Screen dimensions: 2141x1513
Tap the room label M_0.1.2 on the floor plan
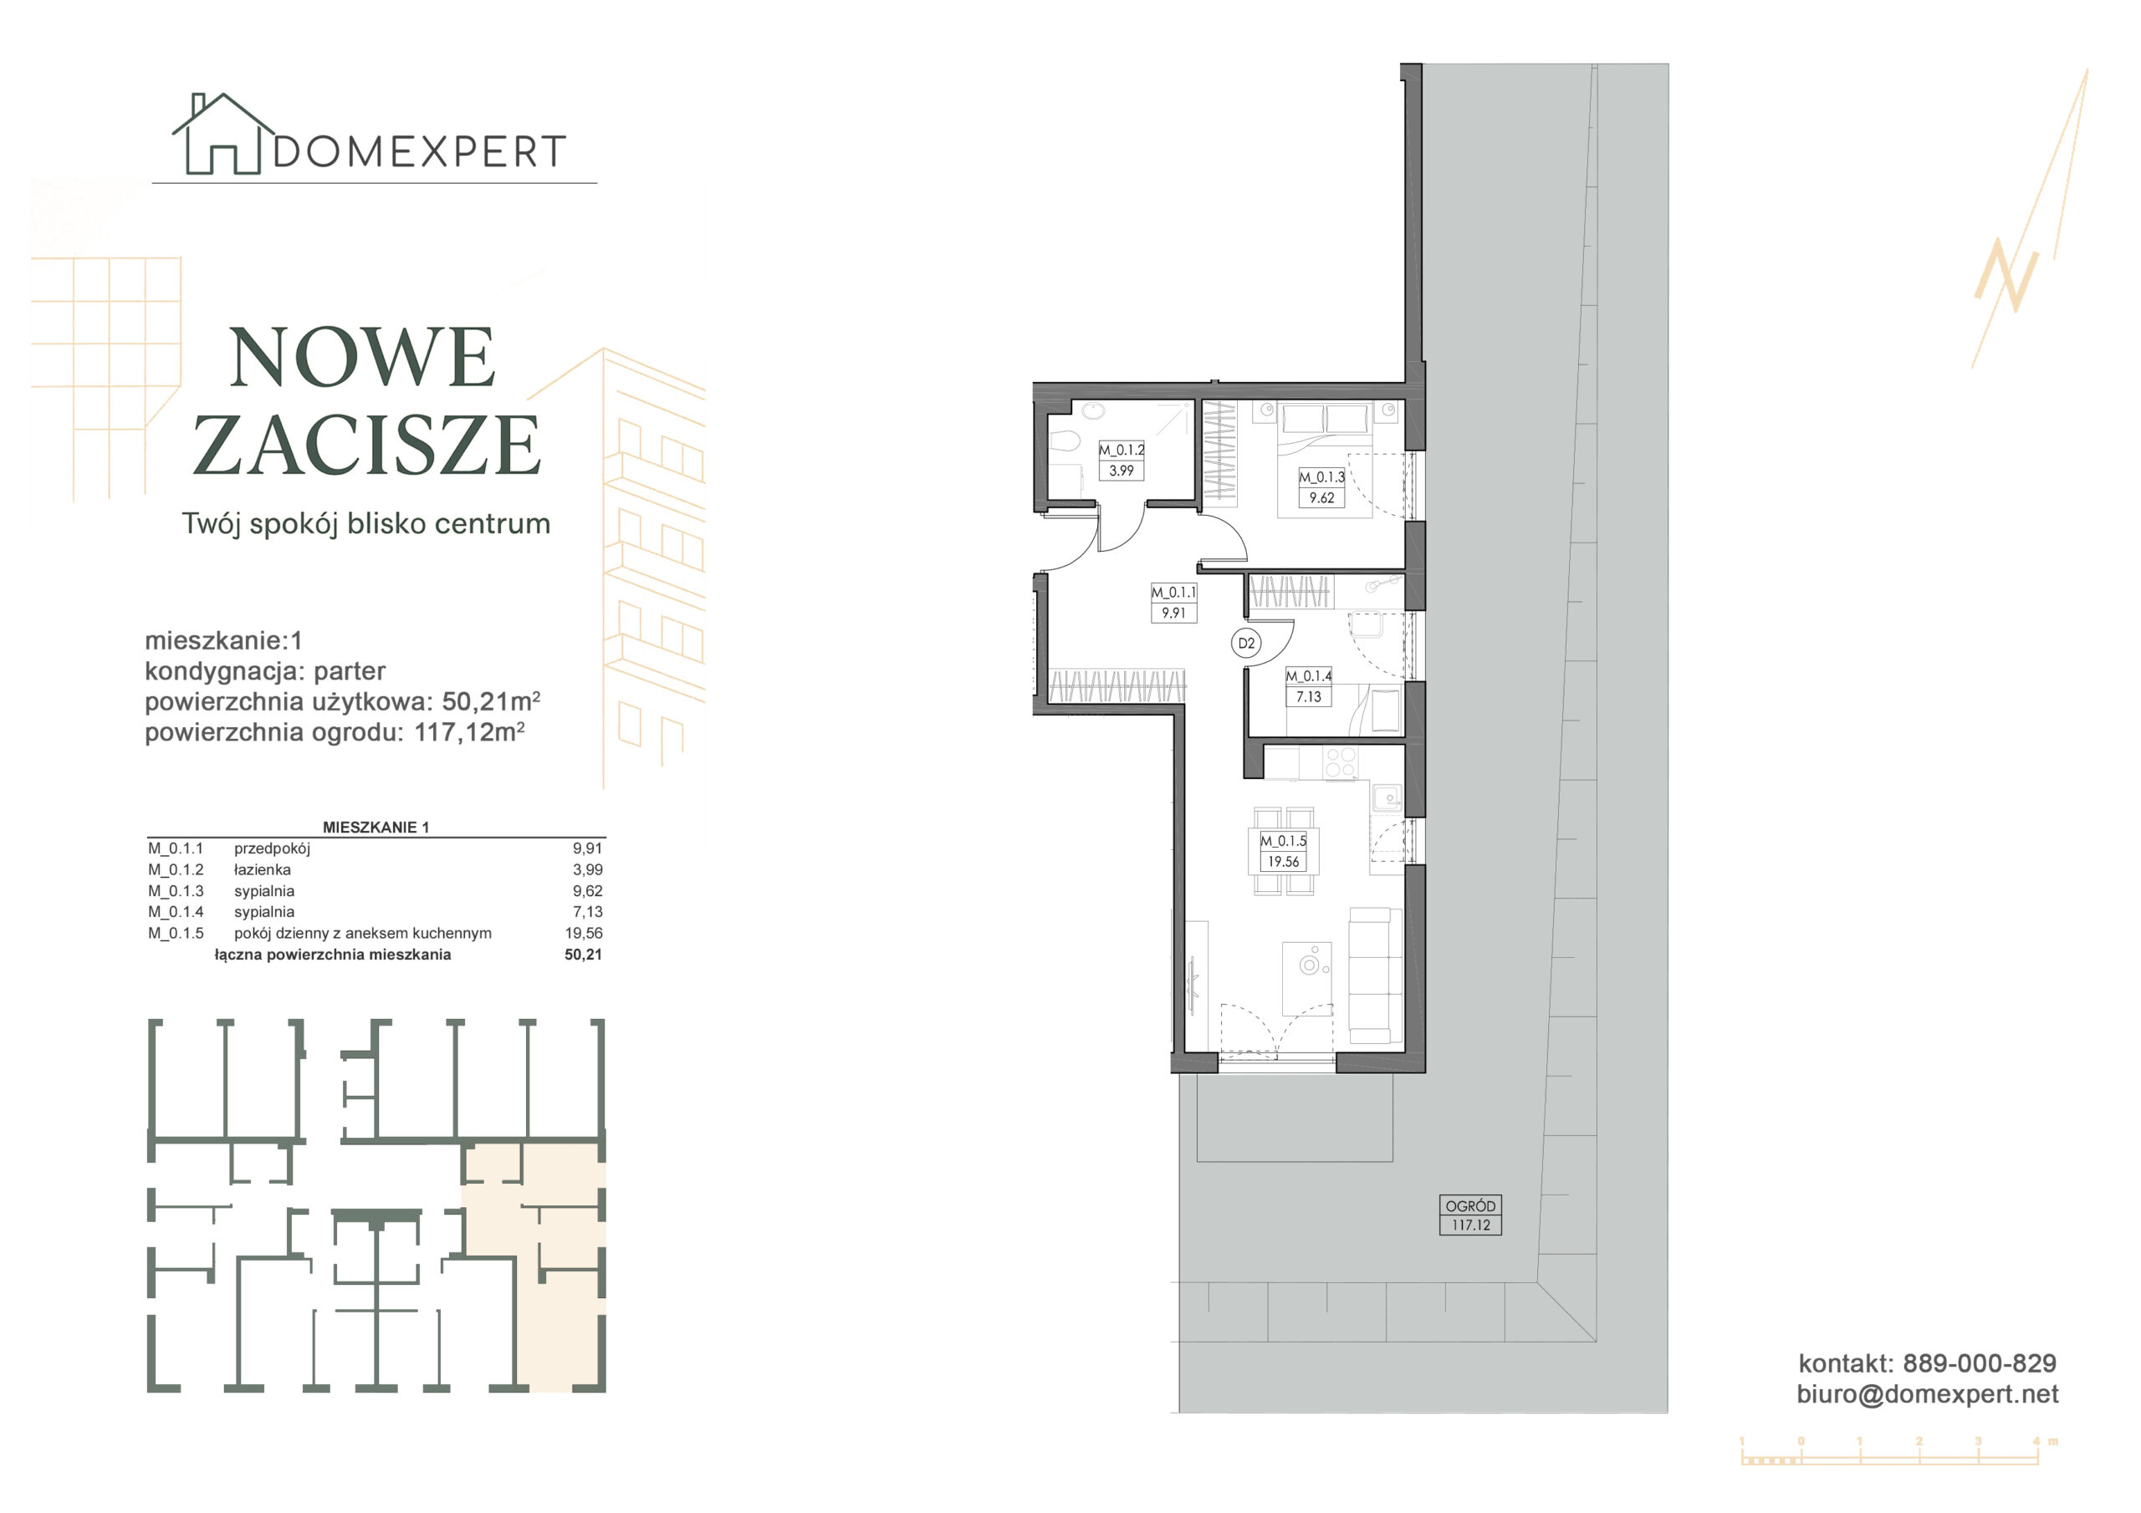click(1121, 451)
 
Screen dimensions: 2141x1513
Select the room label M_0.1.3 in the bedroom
click(1321, 477)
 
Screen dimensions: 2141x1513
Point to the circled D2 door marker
click(1246, 644)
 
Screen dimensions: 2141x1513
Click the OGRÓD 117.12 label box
click(1470, 1215)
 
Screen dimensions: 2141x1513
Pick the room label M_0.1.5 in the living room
click(1283, 841)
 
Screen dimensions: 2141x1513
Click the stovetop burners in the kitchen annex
click(1341, 762)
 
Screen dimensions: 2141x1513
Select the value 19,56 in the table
click(584, 933)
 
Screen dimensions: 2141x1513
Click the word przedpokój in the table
click(273, 849)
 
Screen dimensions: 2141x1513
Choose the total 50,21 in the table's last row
click(584, 955)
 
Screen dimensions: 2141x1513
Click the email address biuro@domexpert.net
click(1928, 1393)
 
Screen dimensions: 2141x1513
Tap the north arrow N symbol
click(2006, 275)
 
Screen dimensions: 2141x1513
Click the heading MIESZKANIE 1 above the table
click(376, 827)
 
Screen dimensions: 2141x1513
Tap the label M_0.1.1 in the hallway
click(1173, 593)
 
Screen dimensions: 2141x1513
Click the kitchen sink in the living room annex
click(1387, 798)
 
